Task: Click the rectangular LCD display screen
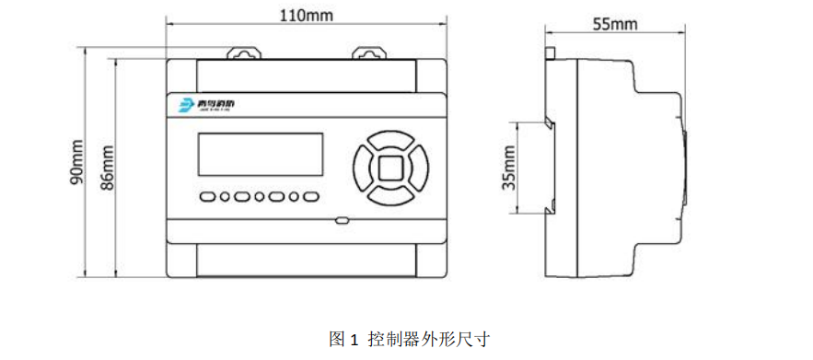coord(261,155)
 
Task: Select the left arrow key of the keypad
coord(362,168)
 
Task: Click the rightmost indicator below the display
coord(311,196)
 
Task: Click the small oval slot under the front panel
coord(342,220)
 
